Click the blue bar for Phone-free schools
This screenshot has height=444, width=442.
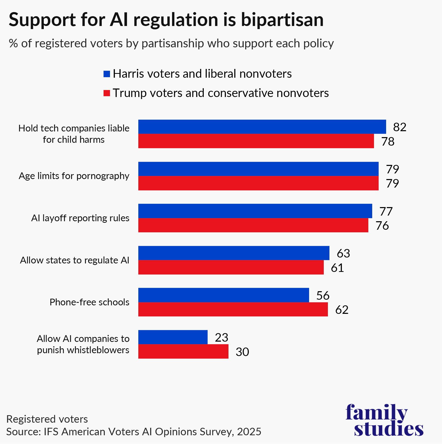tap(224, 295)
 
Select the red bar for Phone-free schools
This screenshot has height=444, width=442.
tap(233, 309)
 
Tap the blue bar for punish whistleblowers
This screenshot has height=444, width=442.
tap(173, 337)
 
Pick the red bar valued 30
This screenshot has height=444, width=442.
tap(183, 351)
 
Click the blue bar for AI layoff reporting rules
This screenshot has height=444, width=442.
tap(255, 211)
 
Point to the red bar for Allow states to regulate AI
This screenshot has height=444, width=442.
tap(231, 267)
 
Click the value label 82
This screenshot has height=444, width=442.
tap(399, 127)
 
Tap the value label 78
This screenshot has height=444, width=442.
tap(388, 141)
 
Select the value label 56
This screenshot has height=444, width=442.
tap(323, 295)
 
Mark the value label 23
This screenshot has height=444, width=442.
tap(222, 338)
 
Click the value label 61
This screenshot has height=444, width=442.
tap(337, 268)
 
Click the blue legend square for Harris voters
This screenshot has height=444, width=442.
tap(107, 74)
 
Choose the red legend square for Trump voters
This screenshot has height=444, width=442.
tap(107, 93)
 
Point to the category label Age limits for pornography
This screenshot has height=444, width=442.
tap(74, 176)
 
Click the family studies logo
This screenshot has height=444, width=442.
tap(384, 420)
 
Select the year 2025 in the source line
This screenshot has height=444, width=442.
tap(249, 432)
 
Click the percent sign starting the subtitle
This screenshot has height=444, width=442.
tap(13, 43)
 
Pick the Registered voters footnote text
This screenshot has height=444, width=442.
tap(47, 419)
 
